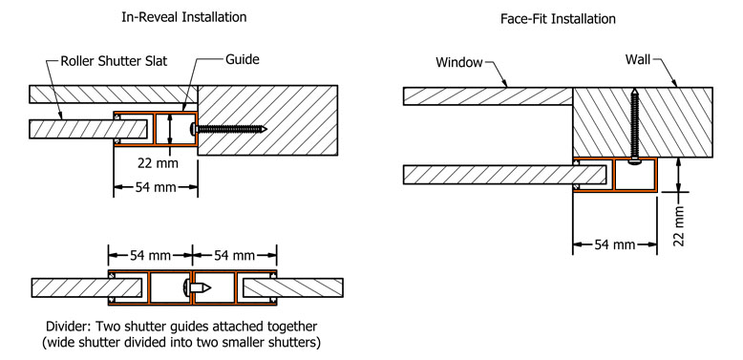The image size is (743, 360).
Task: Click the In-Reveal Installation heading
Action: pyautogui.click(x=184, y=17)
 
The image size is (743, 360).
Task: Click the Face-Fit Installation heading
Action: pyautogui.click(x=558, y=19)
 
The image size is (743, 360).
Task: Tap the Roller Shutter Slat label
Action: pyautogui.click(x=114, y=61)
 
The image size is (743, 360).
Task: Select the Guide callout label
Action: pyautogui.click(x=243, y=60)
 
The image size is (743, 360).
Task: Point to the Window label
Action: pyautogui.click(x=459, y=62)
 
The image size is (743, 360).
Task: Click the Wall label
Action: pyautogui.click(x=638, y=60)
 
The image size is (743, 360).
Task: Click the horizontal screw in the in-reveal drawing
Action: pyautogui.click(x=228, y=128)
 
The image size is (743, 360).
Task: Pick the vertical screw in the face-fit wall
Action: pyautogui.click(x=634, y=128)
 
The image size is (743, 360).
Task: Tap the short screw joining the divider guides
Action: pyautogui.click(x=198, y=287)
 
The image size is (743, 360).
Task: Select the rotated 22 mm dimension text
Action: pyautogui.click(x=680, y=226)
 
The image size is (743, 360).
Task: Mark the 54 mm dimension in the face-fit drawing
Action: pyautogui.click(x=615, y=244)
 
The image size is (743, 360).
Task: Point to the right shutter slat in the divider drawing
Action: pyautogui.click(x=293, y=287)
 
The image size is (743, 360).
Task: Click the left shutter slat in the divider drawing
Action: pyautogui.click(x=87, y=287)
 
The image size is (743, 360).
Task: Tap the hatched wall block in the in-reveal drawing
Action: pyautogui.click(x=267, y=120)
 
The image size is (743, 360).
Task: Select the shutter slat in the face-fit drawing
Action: pyautogui.click(x=505, y=175)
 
